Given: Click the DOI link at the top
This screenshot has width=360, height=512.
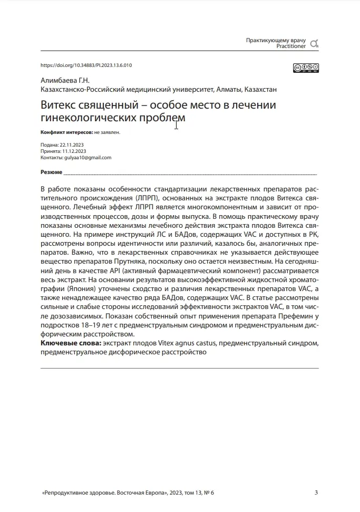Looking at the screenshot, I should point(86,65).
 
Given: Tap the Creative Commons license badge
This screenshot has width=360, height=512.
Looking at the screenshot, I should point(306,67).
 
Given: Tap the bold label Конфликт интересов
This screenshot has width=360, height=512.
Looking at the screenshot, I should point(66,132).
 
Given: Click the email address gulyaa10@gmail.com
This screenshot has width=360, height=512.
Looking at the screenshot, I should point(87,158).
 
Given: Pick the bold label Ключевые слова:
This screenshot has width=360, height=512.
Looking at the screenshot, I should point(71,343).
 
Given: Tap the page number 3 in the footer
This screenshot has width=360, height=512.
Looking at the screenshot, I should point(316,493).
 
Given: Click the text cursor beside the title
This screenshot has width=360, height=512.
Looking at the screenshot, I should point(176,125).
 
